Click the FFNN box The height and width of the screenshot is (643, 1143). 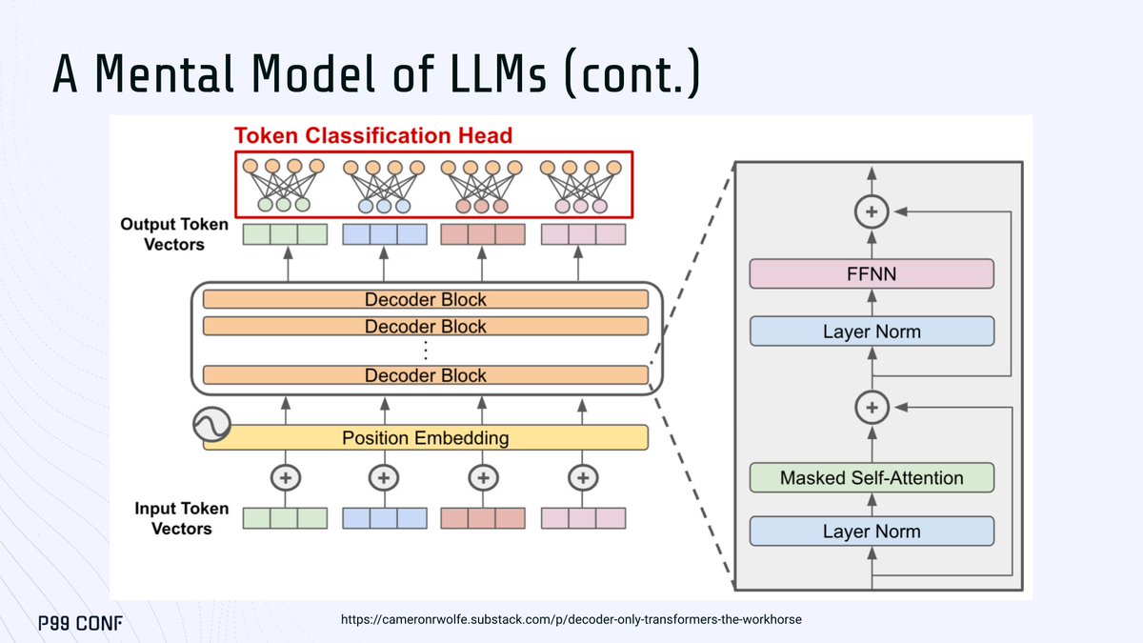[x=872, y=273]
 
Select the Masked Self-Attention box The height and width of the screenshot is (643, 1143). [x=872, y=477]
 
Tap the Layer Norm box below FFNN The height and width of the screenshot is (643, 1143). [x=872, y=332]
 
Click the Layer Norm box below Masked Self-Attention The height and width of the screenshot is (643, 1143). [x=872, y=532]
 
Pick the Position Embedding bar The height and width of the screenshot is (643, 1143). [x=426, y=438]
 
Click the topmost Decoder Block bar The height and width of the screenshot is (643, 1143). [x=426, y=299]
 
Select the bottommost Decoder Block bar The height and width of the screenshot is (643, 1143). [x=426, y=375]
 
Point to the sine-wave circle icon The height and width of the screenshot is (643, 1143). [x=211, y=424]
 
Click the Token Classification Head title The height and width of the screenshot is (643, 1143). [x=373, y=135]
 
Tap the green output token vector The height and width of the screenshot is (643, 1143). [x=285, y=234]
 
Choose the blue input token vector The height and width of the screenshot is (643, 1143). [x=385, y=518]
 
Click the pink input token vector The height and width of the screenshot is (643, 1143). [x=583, y=518]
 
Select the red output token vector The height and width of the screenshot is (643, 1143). [x=483, y=234]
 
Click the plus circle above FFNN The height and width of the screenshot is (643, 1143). [x=872, y=211]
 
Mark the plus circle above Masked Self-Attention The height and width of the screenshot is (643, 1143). [x=872, y=408]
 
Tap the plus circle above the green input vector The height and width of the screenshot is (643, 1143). [x=285, y=477]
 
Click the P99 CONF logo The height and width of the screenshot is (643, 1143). [x=81, y=623]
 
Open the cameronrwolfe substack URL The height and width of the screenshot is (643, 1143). [x=571, y=619]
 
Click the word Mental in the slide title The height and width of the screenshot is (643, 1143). [x=164, y=74]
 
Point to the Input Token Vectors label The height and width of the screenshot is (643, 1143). [x=181, y=518]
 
